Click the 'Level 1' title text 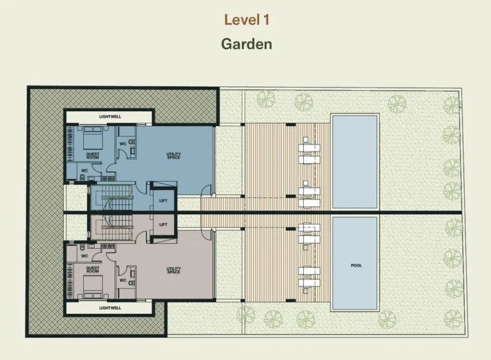tap(247, 20)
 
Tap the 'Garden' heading tap(246, 44)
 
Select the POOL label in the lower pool tap(356, 265)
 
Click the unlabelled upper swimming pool tap(355, 162)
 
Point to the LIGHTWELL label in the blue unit tap(110, 116)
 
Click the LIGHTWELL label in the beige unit tap(110, 308)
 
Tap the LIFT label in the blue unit tap(163, 201)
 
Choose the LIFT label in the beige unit tap(163, 224)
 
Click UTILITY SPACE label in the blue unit tap(173, 156)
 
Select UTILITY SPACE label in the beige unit tap(173, 270)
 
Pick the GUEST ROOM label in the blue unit tap(93, 156)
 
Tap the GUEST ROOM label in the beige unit tap(93, 269)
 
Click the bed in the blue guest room tap(93, 138)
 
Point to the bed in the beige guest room tap(93, 286)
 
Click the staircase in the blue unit tap(112, 198)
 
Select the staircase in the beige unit tap(112, 228)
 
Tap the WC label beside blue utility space tap(123, 144)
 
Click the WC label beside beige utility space tap(123, 281)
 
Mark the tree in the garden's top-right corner tap(453, 106)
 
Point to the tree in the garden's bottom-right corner tap(453, 319)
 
